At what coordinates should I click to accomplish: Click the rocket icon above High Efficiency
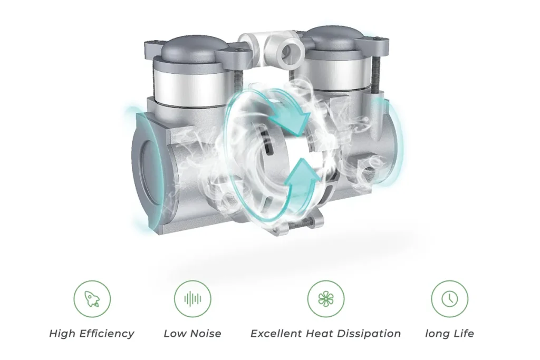click(x=92, y=299)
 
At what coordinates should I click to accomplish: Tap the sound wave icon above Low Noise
click(x=192, y=299)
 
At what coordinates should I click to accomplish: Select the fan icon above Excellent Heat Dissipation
click(x=326, y=299)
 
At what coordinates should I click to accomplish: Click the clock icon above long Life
click(x=449, y=299)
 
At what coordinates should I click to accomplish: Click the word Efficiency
click(x=107, y=334)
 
